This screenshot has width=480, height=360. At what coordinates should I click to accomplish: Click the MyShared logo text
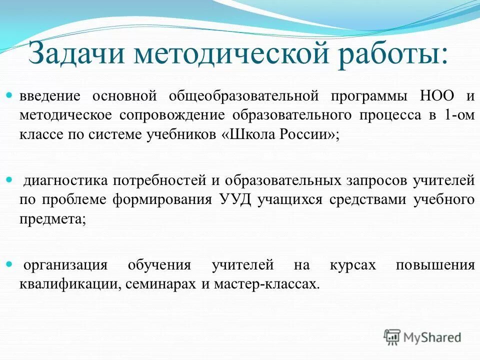432,337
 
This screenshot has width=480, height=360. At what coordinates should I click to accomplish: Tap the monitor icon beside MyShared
392,336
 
